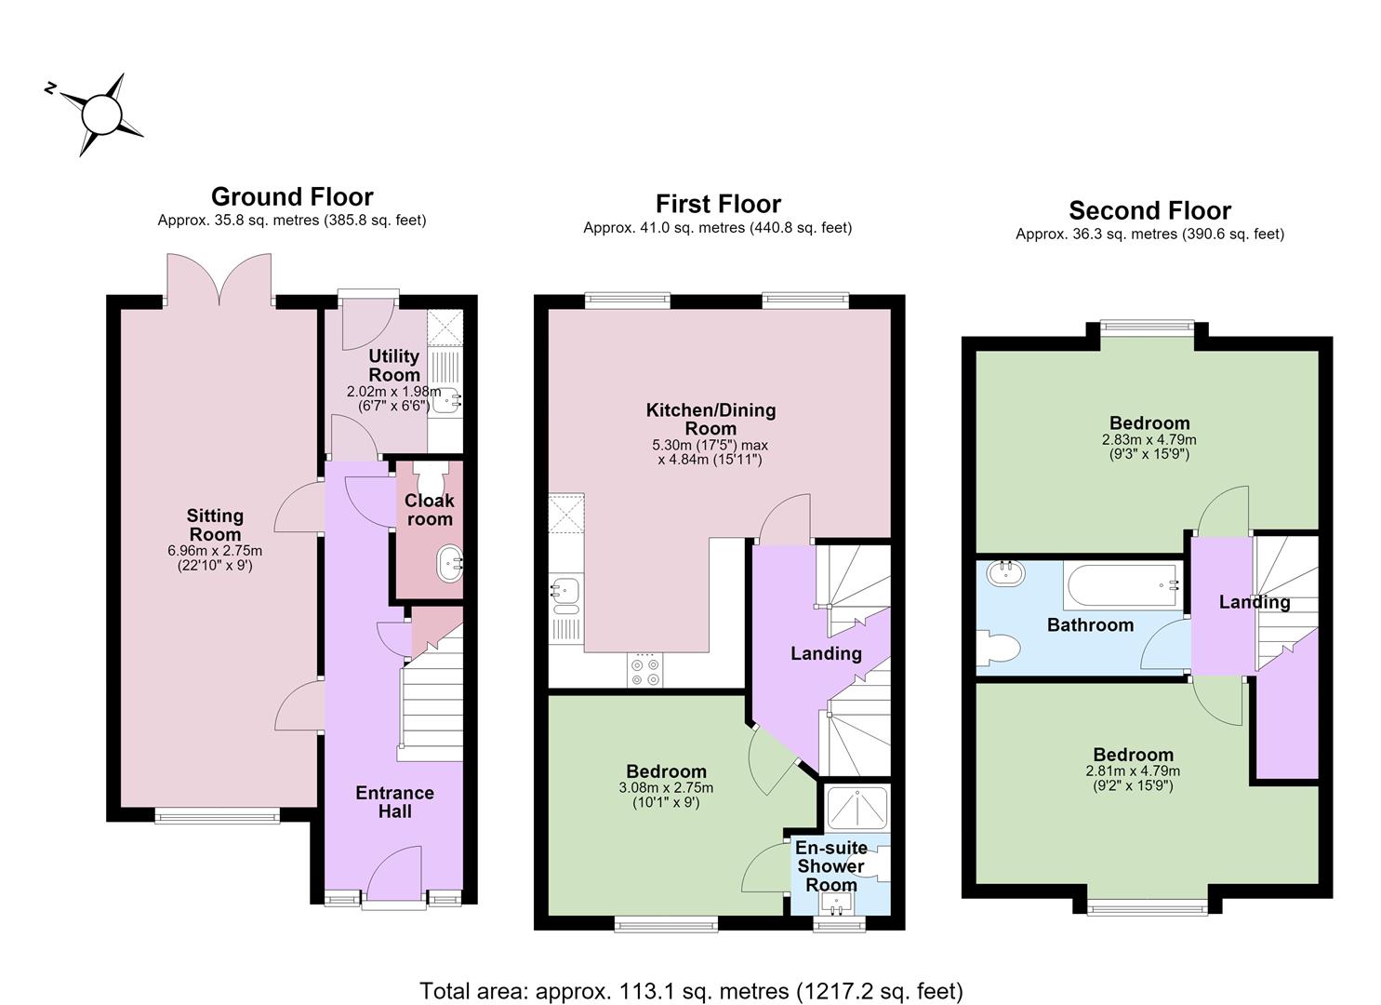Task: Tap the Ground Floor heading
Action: click(x=292, y=196)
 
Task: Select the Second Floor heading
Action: click(x=1149, y=210)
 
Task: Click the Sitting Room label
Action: click(x=215, y=525)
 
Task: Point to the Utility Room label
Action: click(x=394, y=365)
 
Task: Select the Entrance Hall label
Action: click(x=394, y=801)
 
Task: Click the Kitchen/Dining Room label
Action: click(x=710, y=419)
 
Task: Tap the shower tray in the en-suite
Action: click(x=856, y=808)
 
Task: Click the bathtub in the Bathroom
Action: click(x=1123, y=585)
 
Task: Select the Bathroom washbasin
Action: click(x=1005, y=574)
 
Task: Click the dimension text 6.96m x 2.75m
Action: click(x=215, y=550)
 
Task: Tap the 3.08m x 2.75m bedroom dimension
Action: click(x=666, y=788)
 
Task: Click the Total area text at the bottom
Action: click(x=691, y=991)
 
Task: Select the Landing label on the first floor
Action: click(x=826, y=653)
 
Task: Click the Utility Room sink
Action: click(x=446, y=401)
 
